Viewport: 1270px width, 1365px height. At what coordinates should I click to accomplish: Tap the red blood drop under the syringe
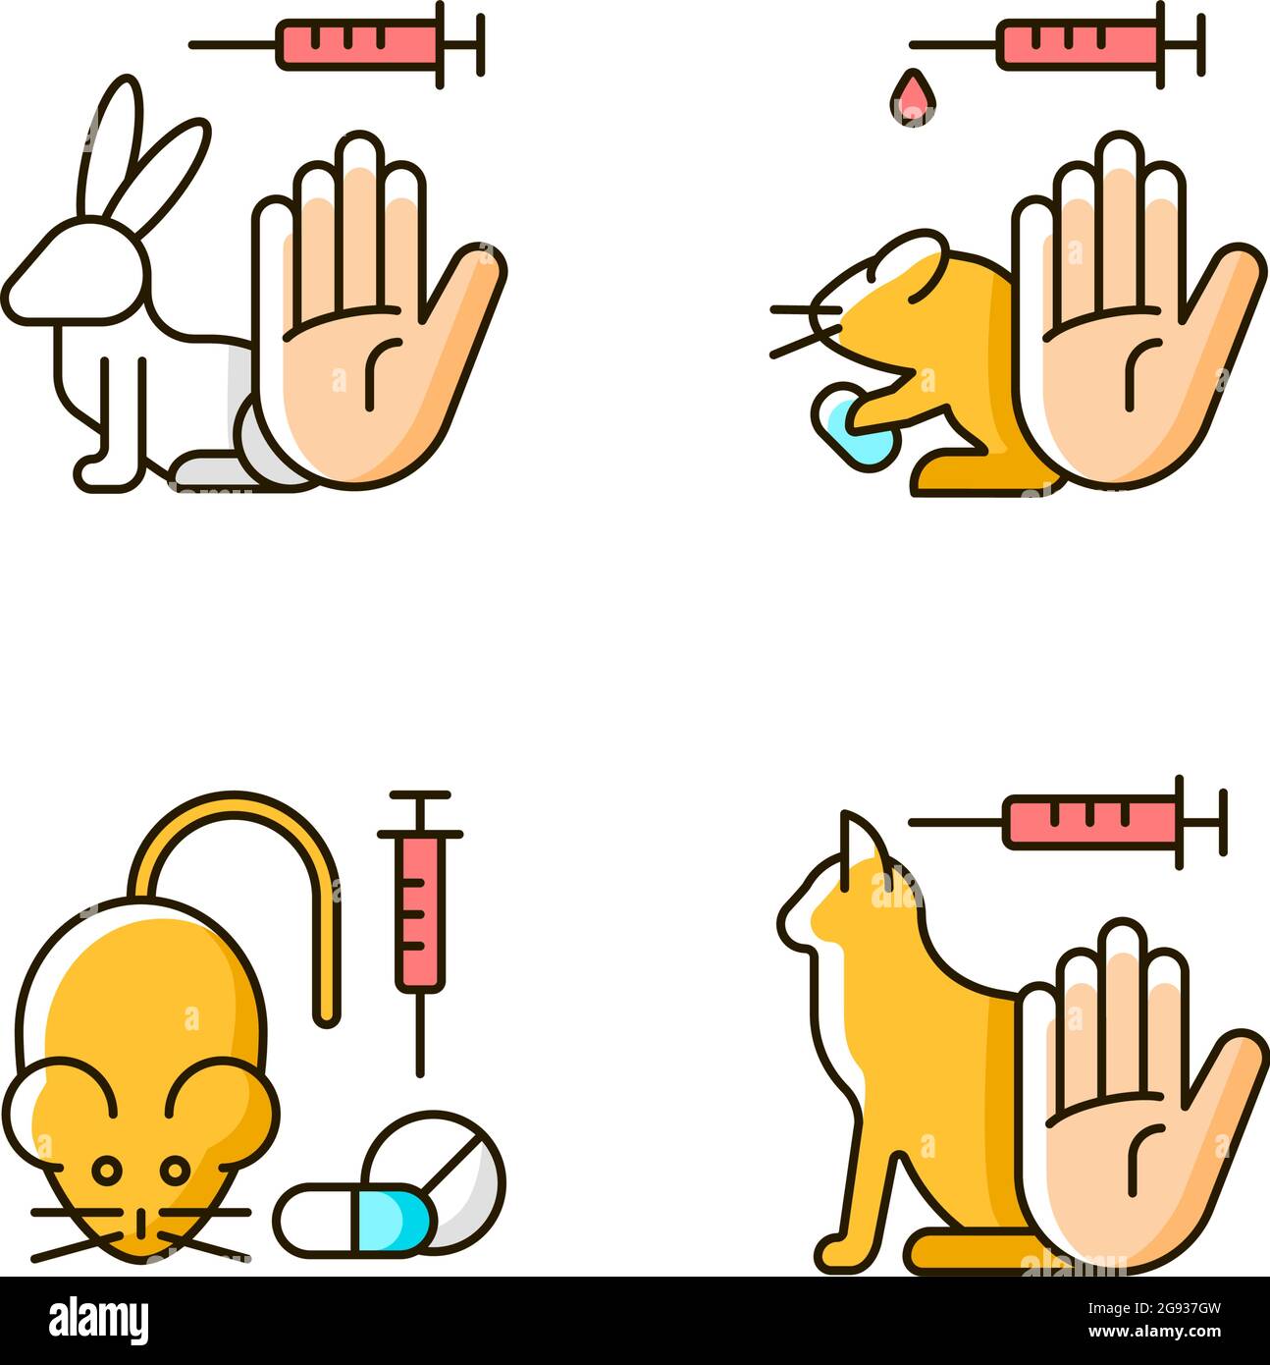click(912, 97)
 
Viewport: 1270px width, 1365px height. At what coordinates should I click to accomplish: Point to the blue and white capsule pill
click(353, 1219)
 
